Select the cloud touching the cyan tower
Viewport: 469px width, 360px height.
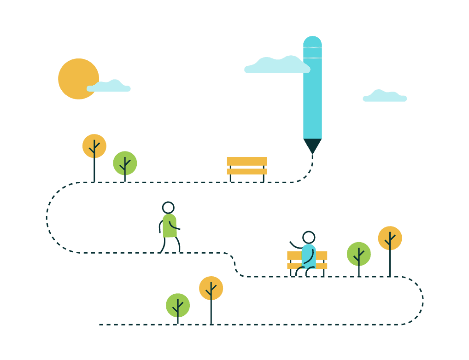pos(276,67)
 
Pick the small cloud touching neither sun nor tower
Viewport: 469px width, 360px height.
pos(385,97)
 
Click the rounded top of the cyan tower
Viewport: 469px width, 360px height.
pos(312,40)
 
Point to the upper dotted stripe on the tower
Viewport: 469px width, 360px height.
pos(312,47)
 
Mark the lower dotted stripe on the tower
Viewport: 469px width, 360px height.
pos(312,58)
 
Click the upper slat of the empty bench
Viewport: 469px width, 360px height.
pos(246,161)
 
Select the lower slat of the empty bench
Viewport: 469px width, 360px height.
pos(246,172)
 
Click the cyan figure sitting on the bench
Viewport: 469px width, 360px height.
pos(309,255)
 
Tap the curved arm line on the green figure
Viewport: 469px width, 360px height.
pos(173,226)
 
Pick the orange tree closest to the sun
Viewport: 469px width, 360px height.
pos(94,146)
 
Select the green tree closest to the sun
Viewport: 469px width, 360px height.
pos(125,163)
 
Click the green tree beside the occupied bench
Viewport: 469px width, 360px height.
pos(359,254)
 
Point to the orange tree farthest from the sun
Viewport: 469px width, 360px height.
pos(390,238)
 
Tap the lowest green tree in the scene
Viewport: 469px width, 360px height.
pos(178,305)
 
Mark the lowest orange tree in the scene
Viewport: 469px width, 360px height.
pos(211,288)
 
